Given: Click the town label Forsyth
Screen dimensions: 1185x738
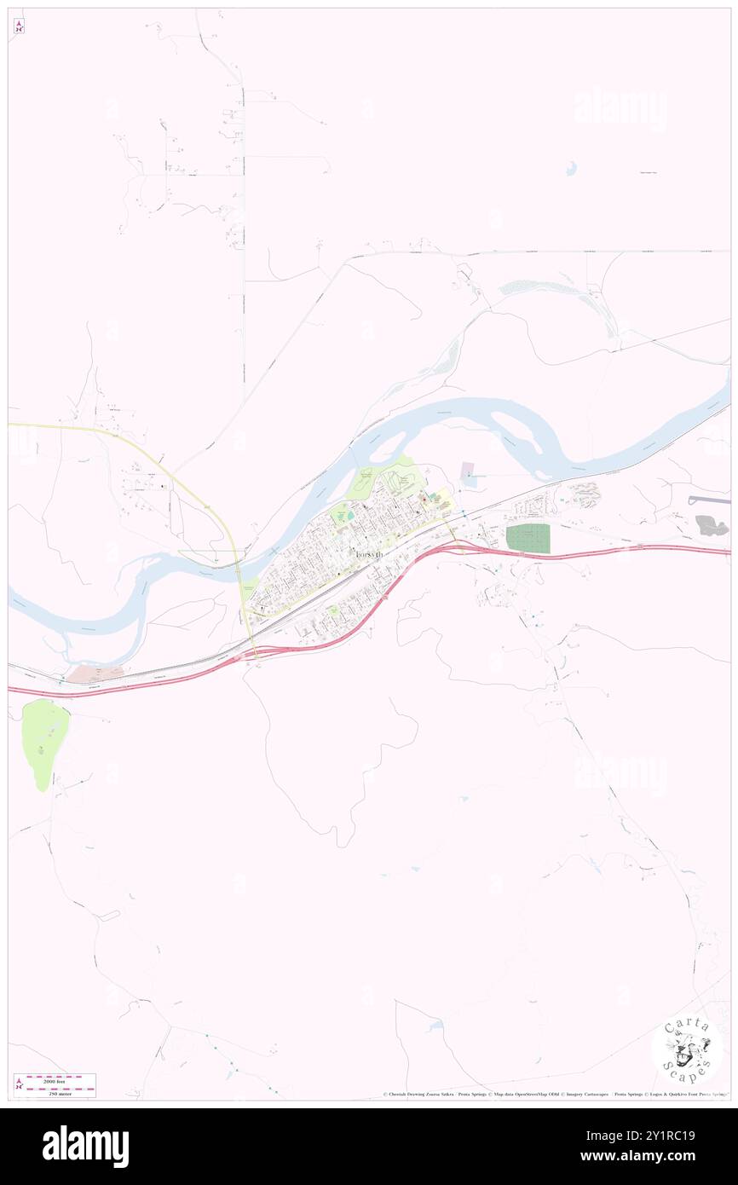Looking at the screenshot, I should pyautogui.click(x=366, y=553).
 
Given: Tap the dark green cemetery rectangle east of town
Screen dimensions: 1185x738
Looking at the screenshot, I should pyautogui.click(x=528, y=539).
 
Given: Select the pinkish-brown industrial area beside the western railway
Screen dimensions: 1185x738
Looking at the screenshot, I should pyautogui.click(x=95, y=673).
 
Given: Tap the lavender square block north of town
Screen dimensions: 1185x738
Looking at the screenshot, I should pyautogui.click(x=468, y=470).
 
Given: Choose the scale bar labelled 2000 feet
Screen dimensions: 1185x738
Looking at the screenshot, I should pyautogui.click(x=59, y=1078).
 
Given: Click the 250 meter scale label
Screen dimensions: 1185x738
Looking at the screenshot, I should pyautogui.click(x=59, y=1091).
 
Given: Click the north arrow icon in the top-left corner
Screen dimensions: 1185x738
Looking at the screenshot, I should pyautogui.click(x=19, y=26).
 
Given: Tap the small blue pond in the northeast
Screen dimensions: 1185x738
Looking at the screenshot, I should pyautogui.click(x=570, y=169).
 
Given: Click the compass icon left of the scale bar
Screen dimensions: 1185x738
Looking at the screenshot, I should pyautogui.click(x=19, y=1084).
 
